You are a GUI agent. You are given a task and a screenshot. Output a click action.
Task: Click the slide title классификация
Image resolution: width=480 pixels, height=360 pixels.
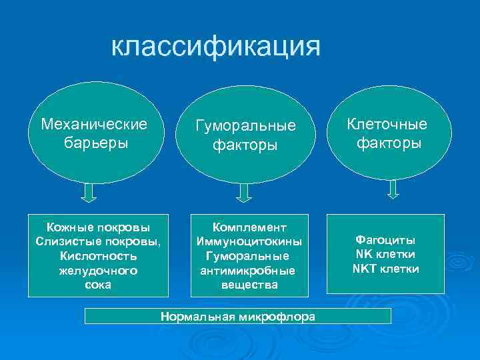pyautogui.click(x=215, y=46)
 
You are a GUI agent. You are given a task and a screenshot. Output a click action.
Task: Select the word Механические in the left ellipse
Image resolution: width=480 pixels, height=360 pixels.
pyautogui.click(x=93, y=125)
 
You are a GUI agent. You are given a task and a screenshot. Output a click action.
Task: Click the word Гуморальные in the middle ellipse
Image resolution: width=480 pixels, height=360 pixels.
pyautogui.click(x=245, y=126)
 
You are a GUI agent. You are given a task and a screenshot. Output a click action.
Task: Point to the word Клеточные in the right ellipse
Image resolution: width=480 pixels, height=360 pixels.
pyautogui.click(x=388, y=125)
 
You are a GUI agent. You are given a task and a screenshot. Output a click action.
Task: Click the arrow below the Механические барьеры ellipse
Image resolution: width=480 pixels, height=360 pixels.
pyautogui.click(x=89, y=192)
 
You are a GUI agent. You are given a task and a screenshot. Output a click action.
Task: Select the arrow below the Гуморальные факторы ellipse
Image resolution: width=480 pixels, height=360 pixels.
pyautogui.click(x=244, y=193)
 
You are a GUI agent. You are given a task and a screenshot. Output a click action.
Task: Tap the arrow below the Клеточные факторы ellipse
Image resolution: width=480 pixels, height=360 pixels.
pyautogui.click(x=393, y=189)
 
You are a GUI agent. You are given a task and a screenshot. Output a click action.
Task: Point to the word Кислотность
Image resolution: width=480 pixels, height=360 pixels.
pyautogui.click(x=98, y=255)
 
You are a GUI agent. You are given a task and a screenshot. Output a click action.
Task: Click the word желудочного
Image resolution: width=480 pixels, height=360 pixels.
pyautogui.click(x=98, y=270)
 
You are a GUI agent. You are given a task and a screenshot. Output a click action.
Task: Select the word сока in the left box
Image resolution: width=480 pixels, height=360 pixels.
pyautogui.click(x=98, y=285)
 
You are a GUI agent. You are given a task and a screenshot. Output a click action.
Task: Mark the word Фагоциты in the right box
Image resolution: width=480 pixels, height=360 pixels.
pyautogui.click(x=385, y=240)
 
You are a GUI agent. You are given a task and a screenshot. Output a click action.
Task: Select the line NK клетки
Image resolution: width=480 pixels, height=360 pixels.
pyautogui.click(x=385, y=254)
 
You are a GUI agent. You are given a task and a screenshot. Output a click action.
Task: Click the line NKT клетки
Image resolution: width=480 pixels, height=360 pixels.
pyautogui.click(x=385, y=269)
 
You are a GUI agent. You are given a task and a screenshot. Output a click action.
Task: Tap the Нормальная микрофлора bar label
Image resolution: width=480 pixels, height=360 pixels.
pyautogui.click(x=238, y=317)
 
